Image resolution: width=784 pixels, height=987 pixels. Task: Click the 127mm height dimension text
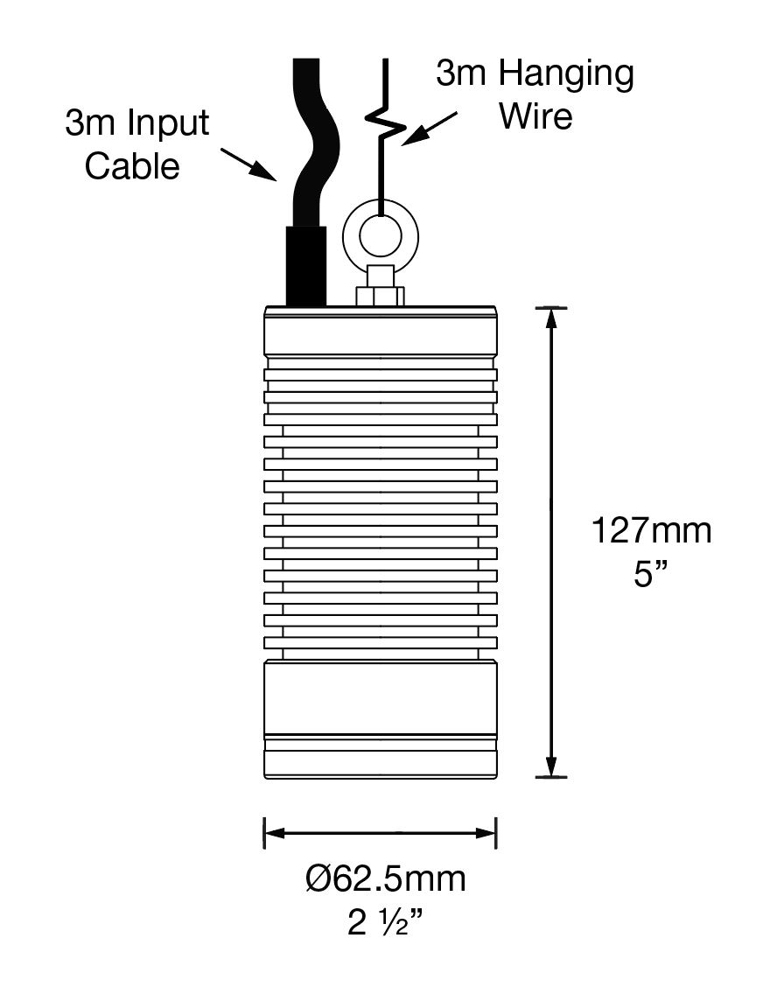pos(651,531)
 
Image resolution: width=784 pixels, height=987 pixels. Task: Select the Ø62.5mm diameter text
pos(386,878)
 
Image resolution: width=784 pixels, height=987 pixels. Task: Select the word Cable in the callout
pos(132,165)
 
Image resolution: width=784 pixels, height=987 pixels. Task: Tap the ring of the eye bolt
pos(380,232)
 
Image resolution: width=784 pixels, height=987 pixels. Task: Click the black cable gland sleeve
pos(306,265)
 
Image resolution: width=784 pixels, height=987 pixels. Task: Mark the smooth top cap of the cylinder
pos(380,330)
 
